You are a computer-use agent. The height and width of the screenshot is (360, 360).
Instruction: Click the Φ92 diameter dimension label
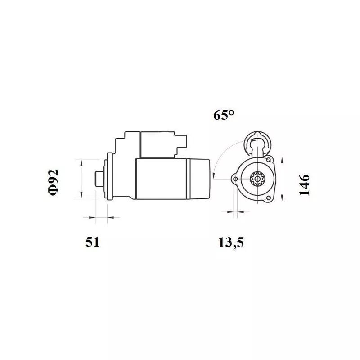coord(54,183)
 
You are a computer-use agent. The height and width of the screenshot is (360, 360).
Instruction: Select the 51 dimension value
coord(93,242)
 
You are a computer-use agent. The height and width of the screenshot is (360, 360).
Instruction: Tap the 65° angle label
coord(224,115)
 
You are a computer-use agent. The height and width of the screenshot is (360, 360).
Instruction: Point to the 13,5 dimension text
coord(231,243)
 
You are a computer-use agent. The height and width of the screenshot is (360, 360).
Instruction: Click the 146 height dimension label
coord(304,185)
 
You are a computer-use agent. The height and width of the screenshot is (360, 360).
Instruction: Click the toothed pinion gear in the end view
coord(257,179)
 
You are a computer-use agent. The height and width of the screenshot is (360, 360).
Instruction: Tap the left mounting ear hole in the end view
coord(235,179)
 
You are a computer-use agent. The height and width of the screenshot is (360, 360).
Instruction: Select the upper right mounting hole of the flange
coord(268,160)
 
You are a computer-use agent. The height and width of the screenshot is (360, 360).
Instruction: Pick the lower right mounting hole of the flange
coord(268,198)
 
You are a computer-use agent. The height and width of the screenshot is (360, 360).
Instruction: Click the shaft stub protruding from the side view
coord(99,179)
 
